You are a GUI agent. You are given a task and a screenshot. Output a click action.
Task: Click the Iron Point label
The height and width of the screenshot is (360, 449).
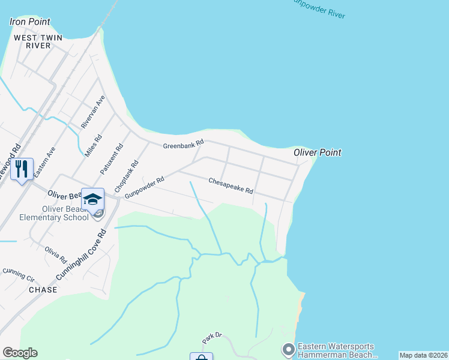(x=30, y=22)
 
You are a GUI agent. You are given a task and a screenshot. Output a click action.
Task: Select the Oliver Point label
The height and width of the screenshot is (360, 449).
(x=318, y=152)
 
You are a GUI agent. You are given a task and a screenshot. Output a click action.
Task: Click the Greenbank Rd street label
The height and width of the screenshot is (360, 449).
(x=184, y=145)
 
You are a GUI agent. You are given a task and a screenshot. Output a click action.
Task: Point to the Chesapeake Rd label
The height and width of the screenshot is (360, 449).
(x=231, y=185)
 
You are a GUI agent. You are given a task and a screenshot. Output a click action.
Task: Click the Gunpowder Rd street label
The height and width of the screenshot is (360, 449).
(x=144, y=188)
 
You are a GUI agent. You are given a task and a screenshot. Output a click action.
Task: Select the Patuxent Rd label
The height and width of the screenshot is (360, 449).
(x=112, y=158)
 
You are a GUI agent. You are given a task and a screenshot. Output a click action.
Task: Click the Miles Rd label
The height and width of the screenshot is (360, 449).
(x=93, y=146)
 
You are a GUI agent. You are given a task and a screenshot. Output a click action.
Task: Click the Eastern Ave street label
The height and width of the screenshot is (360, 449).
(x=44, y=161)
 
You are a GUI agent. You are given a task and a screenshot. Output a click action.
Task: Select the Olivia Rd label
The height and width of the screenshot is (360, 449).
(x=56, y=255)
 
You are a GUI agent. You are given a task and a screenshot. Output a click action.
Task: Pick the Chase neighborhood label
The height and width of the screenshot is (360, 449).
(x=43, y=289)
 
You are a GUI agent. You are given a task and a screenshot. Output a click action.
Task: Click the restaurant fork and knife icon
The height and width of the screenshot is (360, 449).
(x=22, y=169)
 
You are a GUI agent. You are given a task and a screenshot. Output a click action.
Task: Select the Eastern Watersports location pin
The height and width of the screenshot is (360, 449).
(x=288, y=349)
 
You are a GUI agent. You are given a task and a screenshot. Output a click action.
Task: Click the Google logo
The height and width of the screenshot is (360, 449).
(x=20, y=352)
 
